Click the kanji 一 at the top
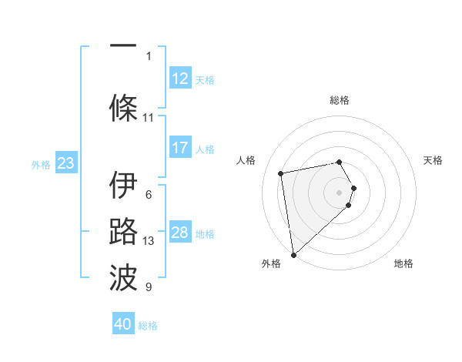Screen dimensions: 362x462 123,47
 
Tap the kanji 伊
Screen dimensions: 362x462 123,186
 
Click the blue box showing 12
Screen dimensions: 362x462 180,78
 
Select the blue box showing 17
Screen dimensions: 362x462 180,148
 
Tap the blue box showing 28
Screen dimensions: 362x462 180,233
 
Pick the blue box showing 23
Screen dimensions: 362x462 65,163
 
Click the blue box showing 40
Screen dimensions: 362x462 123,324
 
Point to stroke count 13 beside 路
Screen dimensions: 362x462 149,241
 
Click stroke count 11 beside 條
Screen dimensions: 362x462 149,118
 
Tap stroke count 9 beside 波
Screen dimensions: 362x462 149,287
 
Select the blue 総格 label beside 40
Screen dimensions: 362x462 148,326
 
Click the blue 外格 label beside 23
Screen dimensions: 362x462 41,164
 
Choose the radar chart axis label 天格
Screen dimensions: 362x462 433,160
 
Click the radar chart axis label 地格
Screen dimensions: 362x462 403,263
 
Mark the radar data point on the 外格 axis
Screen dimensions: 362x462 293,254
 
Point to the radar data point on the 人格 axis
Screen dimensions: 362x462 281,172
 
